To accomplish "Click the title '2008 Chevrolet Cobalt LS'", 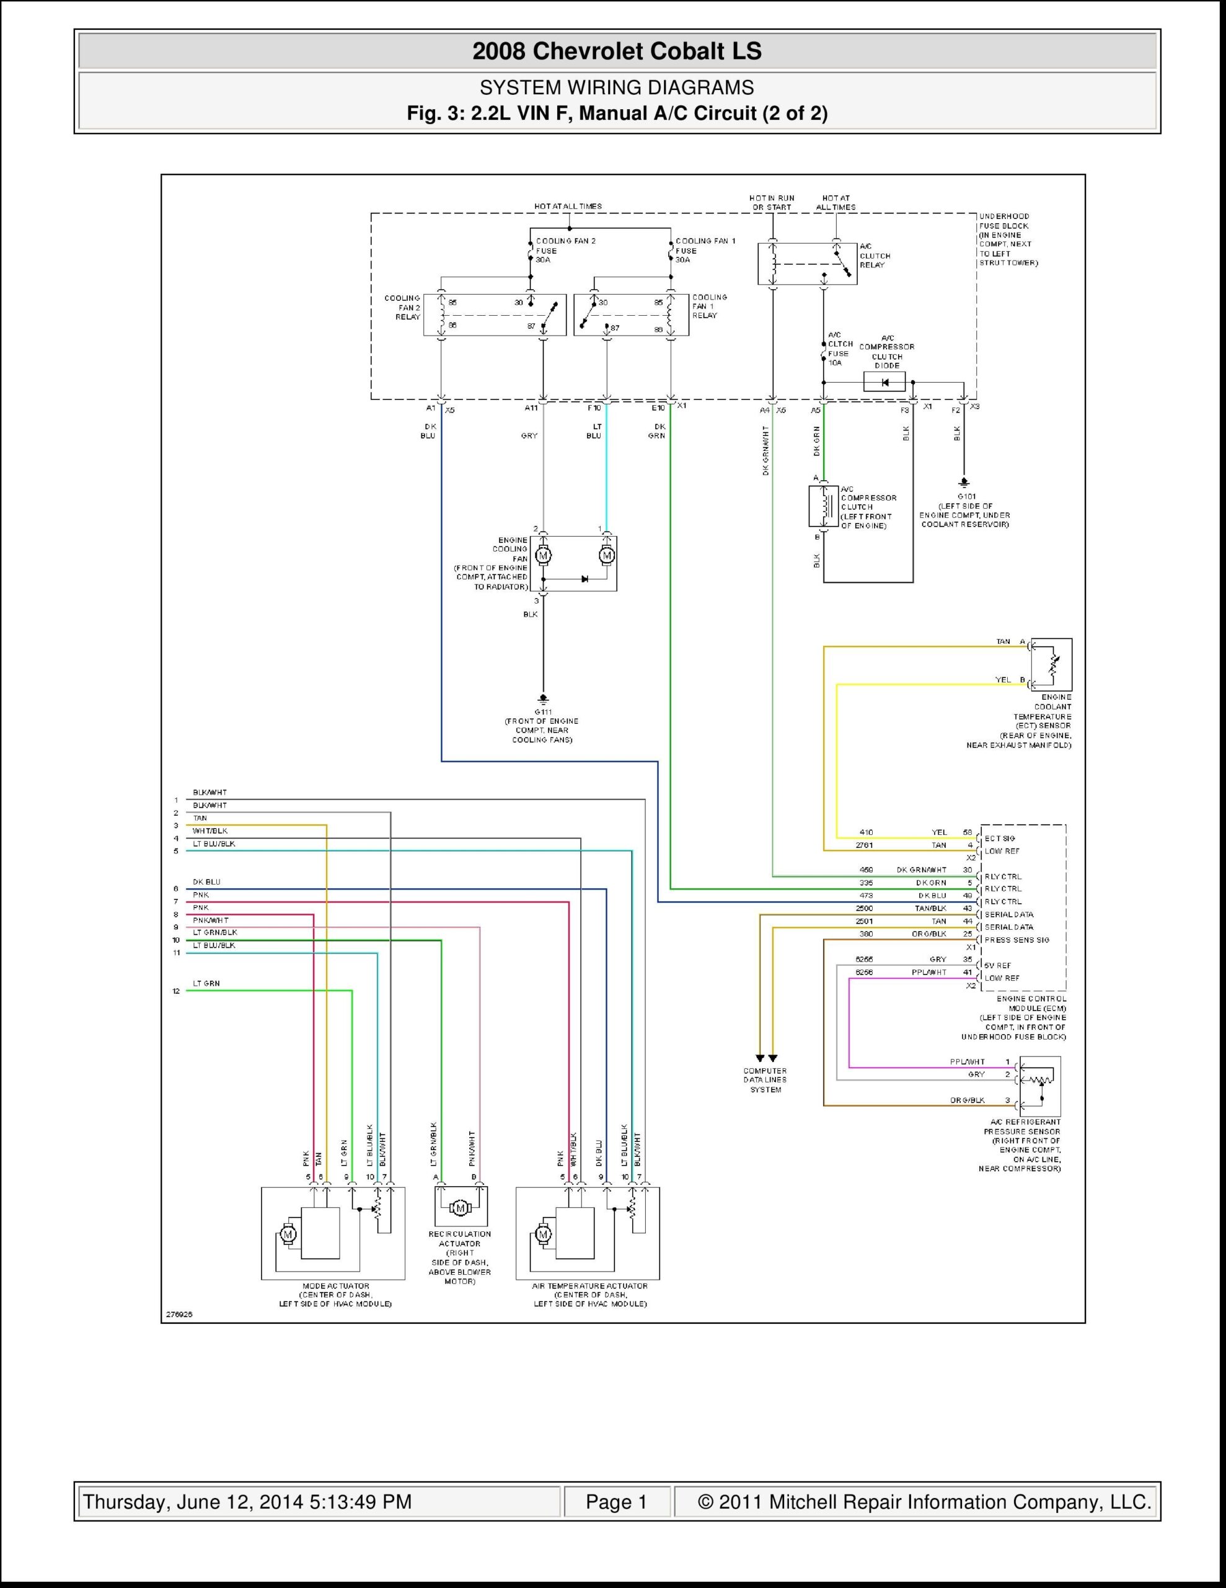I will pyautogui.click(x=616, y=51).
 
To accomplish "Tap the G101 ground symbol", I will pyautogui.click(x=964, y=482).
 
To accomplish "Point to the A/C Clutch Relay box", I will pyautogui.click(x=806, y=263).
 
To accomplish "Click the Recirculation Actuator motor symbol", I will pyautogui.click(x=461, y=1208).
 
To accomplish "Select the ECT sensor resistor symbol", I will pyautogui.click(x=1052, y=664).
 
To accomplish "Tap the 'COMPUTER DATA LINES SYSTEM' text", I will pyautogui.click(x=765, y=1080).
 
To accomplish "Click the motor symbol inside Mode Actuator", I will pyautogui.click(x=288, y=1234).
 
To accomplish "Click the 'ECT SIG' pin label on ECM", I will pyautogui.click(x=1000, y=839).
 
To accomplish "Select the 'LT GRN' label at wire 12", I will pyautogui.click(x=206, y=983).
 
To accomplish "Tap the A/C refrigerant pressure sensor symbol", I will pyautogui.click(x=1040, y=1086).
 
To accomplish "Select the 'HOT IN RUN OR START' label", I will pyautogui.click(x=772, y=202).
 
